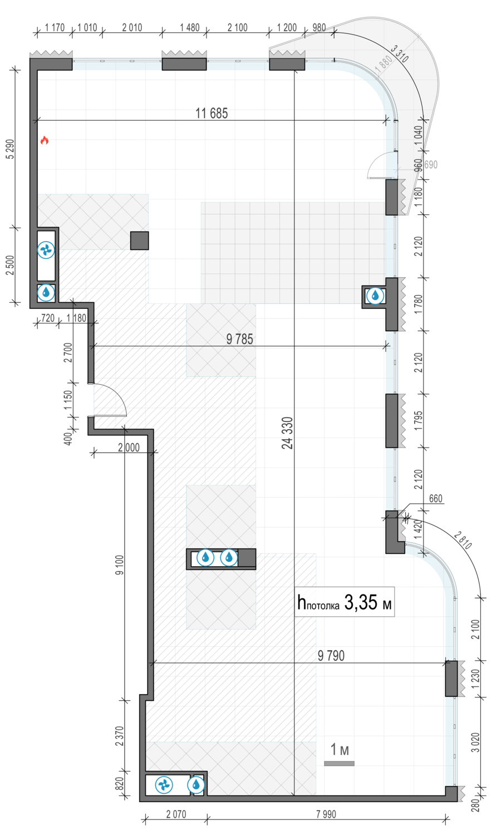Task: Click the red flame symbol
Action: pos(45,140)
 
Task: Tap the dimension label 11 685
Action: pos(211,113)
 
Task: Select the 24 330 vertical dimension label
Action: pos(287,433)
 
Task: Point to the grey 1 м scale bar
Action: pos(339,763)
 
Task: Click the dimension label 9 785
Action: pos(240,339)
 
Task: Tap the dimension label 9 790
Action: pos(331,655)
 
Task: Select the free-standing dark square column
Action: pos(139,240)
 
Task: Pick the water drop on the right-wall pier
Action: pos(375,296)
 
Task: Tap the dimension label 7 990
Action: pos(326,814)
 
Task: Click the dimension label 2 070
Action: pos(176,814)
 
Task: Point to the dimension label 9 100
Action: pos(120,565)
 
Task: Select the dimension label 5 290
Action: pos(11,149)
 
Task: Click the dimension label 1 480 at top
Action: pos(190,28)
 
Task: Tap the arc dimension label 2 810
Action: pos(463,541)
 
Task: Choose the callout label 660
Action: pos(436,498)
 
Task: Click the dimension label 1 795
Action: pos(419,420)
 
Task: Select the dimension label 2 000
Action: pos(129,448)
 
